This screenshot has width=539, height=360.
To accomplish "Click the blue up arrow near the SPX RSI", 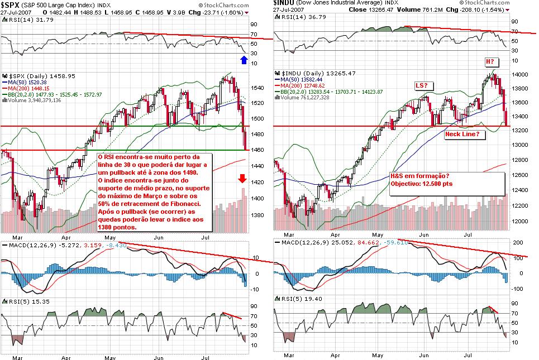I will click(244, 59).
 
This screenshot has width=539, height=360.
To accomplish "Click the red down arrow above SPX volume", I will click(241, 179).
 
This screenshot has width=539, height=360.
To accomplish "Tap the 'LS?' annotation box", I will click(422, 85).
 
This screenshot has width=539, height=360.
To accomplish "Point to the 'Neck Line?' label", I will click(462, 135).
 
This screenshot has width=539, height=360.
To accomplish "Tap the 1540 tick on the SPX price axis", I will click(257, 88).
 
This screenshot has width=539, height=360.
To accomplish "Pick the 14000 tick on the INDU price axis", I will click(520, 75).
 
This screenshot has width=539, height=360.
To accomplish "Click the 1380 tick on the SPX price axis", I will click(257, 214).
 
